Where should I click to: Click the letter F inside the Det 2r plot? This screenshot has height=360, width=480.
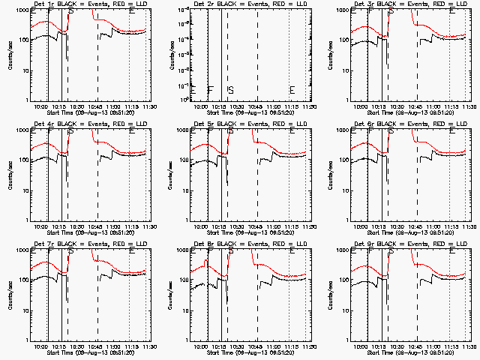(211, 90)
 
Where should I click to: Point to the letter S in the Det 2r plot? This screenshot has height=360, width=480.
(231, 90)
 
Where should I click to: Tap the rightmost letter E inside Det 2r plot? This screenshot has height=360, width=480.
(292, 90)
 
